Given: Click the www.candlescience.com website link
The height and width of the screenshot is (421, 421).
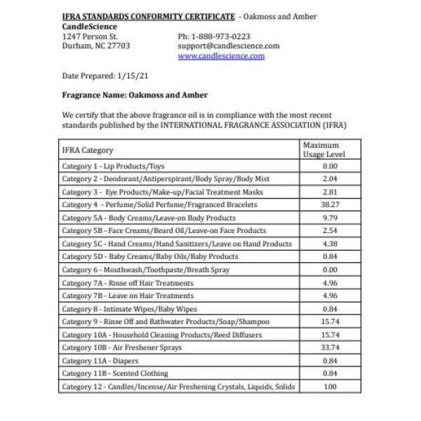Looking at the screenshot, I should pyautogui.click(x=221, y=56).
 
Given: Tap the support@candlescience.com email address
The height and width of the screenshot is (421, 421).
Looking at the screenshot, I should pyautogui.click(x=229, y=46).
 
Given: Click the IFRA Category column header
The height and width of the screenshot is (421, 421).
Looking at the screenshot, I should pyautogui.click(x=88, y=150).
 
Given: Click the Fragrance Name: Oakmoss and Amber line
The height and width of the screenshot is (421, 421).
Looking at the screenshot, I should pyautogui.click(x=135, y=95).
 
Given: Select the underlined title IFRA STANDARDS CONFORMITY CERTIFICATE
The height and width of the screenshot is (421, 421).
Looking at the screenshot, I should pyautogui.click(x=147, y=16).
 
